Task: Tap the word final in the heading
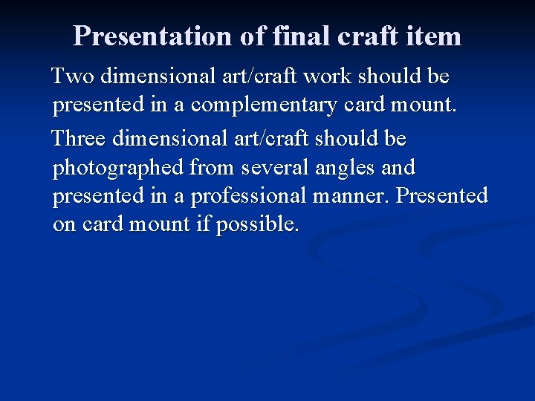pyautogui.click(x=300, y=36)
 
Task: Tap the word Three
pyautogui.click(x=81, y=139)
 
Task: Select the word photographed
pyautogui.click(x=118, y=168)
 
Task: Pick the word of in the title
pyautogui.click(x=253, y=36)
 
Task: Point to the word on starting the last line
pyautogui.click(x=64, y=224)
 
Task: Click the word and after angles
pyautogui.click(x=398, y=168)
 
